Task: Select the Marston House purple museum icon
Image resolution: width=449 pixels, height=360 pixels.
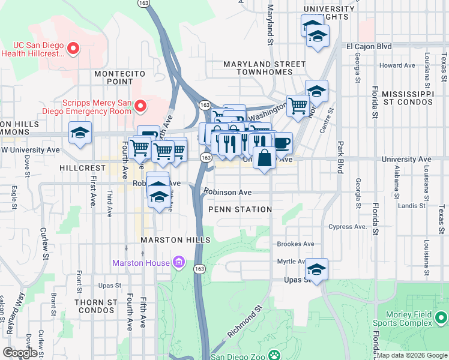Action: coord(178,262)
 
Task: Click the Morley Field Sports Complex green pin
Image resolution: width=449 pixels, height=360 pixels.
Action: coord(442,317)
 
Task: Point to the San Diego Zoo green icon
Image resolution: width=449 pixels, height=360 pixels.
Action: coord(274,355)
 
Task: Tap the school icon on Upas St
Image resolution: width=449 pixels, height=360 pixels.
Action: coord(316,270)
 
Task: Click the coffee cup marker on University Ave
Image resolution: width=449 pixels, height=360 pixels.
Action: coord(282,144)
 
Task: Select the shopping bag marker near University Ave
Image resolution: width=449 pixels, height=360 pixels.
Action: coord(264,159)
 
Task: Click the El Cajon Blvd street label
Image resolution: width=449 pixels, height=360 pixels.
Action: coord(369,46)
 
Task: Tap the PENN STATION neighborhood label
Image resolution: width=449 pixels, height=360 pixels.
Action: coord(240,209)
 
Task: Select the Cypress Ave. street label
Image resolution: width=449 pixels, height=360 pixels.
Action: coord(348,227)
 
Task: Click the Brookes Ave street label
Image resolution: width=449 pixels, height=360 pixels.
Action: coord(295,244)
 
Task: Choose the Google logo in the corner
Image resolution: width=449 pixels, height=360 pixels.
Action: coord(20,353)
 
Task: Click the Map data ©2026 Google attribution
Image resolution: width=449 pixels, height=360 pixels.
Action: coord(412,355)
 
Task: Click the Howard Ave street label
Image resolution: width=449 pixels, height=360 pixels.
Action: coord(397,65)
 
